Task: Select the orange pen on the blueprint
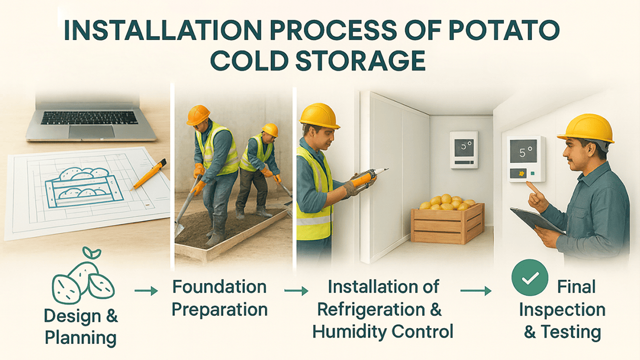[149, 174]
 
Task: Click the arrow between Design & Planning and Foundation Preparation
[146, 291]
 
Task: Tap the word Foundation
[219, 287]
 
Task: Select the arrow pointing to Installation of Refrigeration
[296, 291]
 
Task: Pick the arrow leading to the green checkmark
[476, 291]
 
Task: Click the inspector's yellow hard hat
[586, 128]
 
